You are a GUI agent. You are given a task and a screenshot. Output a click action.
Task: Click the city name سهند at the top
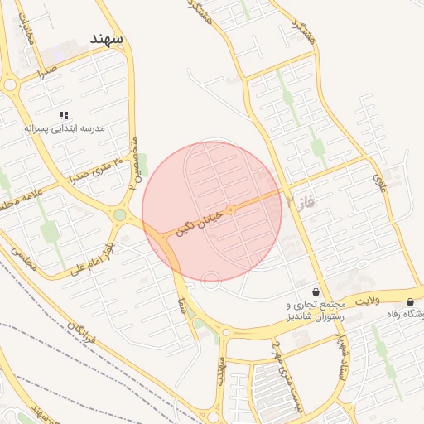pos(107,40)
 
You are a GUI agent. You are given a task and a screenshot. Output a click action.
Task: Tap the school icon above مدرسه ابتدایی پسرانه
pos(64,115)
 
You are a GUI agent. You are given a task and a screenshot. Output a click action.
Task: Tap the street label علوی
pos(378,180)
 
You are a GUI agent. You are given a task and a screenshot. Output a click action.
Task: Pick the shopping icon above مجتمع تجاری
pos(316,291)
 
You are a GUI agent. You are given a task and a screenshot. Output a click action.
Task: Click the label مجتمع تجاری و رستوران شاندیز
pos(312,311)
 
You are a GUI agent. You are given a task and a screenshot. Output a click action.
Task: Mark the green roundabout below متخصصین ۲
pos(120,215)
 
